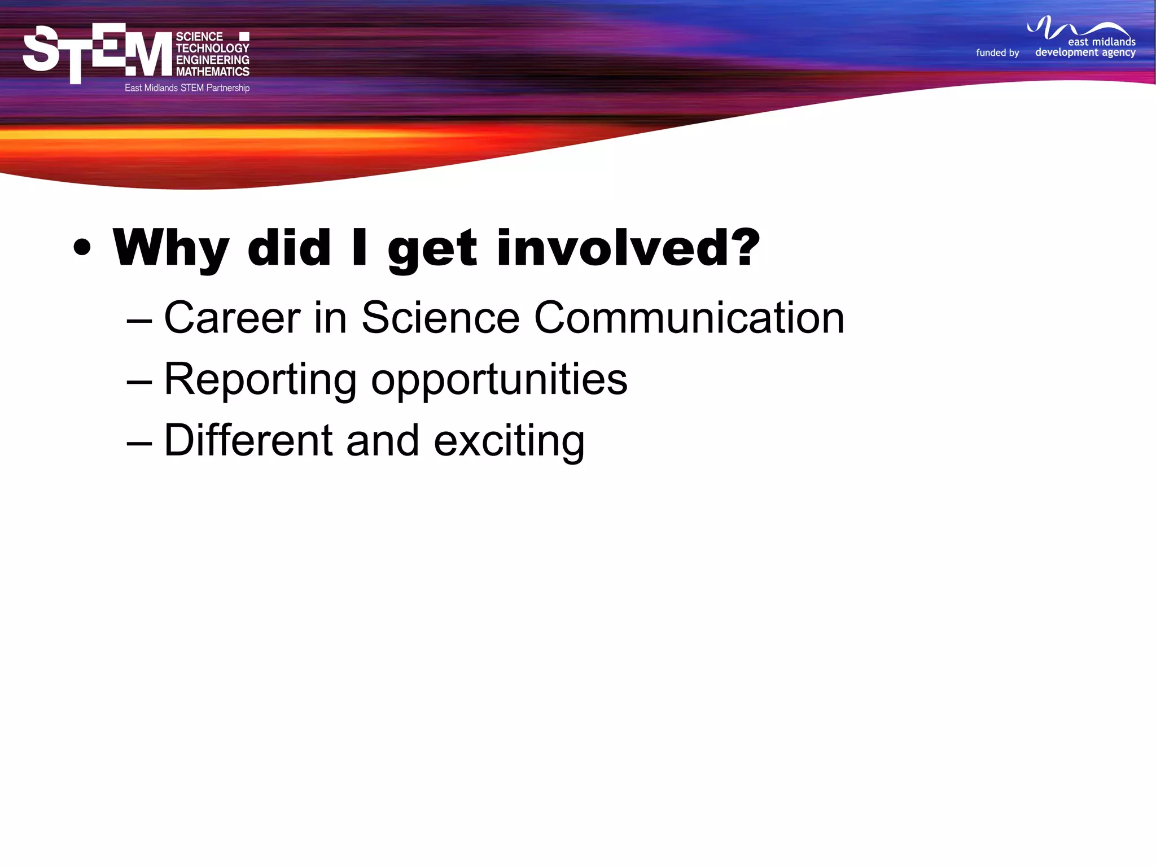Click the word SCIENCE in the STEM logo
coord(199,37)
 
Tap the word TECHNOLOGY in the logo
coord(212,49)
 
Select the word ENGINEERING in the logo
coord(212,60)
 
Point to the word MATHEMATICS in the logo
coord(212,72)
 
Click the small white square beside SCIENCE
coord(244,37)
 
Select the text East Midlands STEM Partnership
coord(187,88)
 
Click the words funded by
coord(997,52)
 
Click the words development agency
coord(1085,52)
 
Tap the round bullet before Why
coord(82,248)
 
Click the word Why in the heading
coord(170,248)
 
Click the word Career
coord(232,318)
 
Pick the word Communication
coord(689,318)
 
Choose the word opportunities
coord(499,380)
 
